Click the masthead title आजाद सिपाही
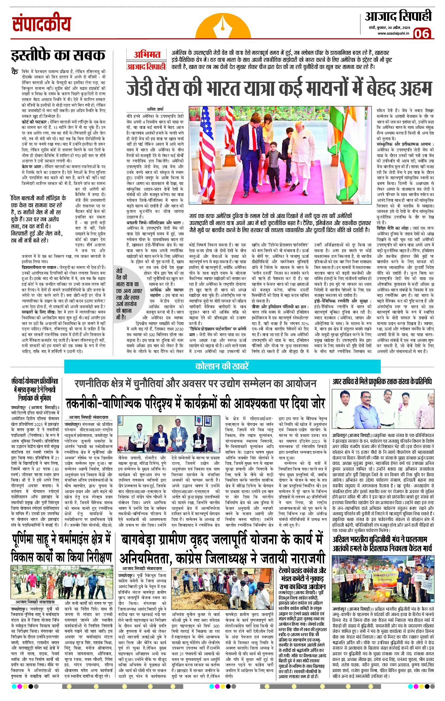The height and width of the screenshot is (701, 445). tap(398, 16)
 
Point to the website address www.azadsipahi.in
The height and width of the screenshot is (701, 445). tap(393, 33)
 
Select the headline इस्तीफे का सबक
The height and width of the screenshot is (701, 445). tap(58, 55)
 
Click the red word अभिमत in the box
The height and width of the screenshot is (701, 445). tap(147, 55)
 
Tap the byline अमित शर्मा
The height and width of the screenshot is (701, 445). tap(155, 109)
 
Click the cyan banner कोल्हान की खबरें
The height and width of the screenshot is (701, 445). tap(222, 366)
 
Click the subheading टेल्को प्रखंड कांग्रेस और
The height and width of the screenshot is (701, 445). tap(302, 570)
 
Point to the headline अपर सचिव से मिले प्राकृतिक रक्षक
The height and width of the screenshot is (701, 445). tap(382, 382)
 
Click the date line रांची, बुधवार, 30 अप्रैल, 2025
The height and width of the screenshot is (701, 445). tap(388, 27)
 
